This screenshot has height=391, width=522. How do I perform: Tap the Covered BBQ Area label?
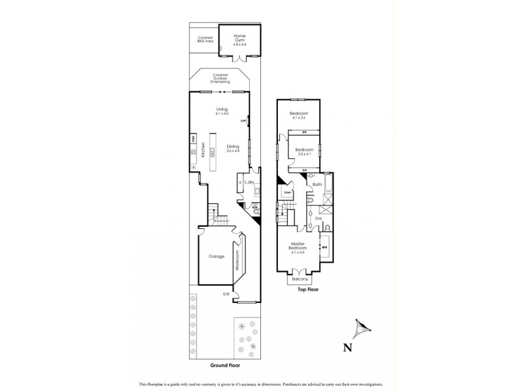click(x=206, y=39)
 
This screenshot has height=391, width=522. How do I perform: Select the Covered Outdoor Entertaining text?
click(x=221, y=80)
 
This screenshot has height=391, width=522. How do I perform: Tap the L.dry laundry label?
click(x=249, y=182)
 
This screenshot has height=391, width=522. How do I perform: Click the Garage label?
click(x=217, y=256)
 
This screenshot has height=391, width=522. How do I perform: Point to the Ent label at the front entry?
click(x=226, y=293)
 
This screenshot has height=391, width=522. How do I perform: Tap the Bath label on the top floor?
click(x=317, y=185)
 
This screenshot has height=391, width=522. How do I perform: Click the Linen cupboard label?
click(x=287, y=193)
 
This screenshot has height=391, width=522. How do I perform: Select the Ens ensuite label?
click(x=318, y=218)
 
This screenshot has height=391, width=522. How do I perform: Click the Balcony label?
click(x=300, y=278)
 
